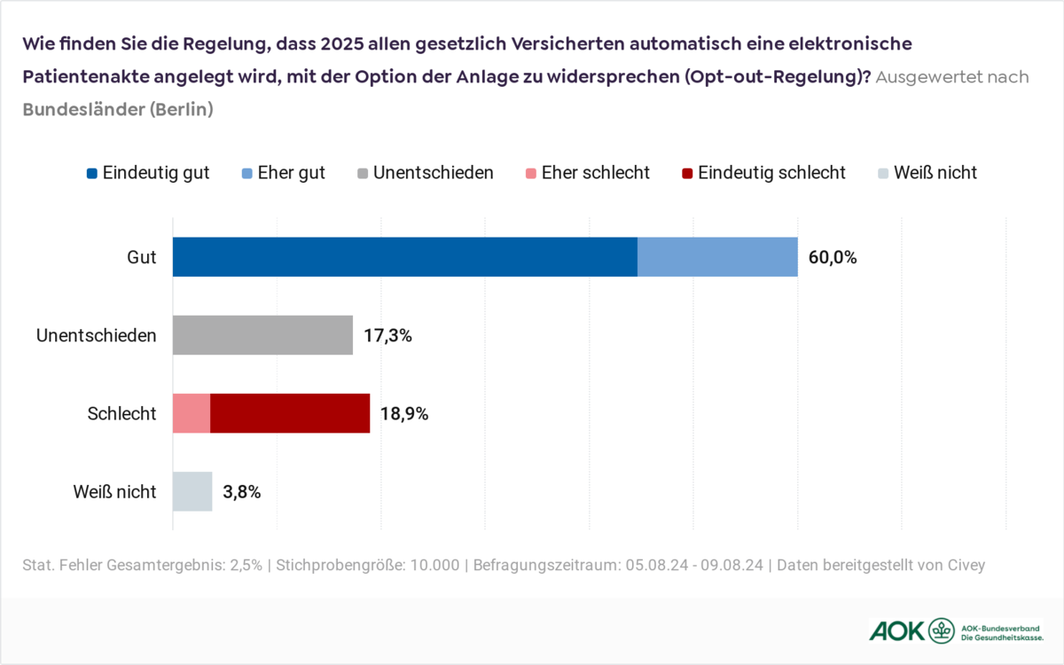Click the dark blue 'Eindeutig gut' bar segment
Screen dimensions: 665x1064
(404, 257)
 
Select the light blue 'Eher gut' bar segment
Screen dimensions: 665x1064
(717, 257)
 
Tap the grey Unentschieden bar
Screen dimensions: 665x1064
(262, 335)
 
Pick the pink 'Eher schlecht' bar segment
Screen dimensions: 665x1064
(191, 413)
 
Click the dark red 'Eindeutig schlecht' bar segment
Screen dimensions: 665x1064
(290, 413)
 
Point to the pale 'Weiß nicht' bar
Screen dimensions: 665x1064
(192, 491)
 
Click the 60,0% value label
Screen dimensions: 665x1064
(833, 258)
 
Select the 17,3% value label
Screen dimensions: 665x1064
(387, 336)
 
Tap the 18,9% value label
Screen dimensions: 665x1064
(404, 414)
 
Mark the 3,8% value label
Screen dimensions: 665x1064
(242, 492)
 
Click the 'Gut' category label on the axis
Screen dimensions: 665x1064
(142, 258)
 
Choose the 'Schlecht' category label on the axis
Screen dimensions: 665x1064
(122, 414)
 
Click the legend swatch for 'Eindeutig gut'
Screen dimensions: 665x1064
(91, 173)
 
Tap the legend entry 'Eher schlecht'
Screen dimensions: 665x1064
(595, 173)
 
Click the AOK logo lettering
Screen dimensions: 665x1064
(896, 630)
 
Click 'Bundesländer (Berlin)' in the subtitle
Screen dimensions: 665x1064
(118, 110)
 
